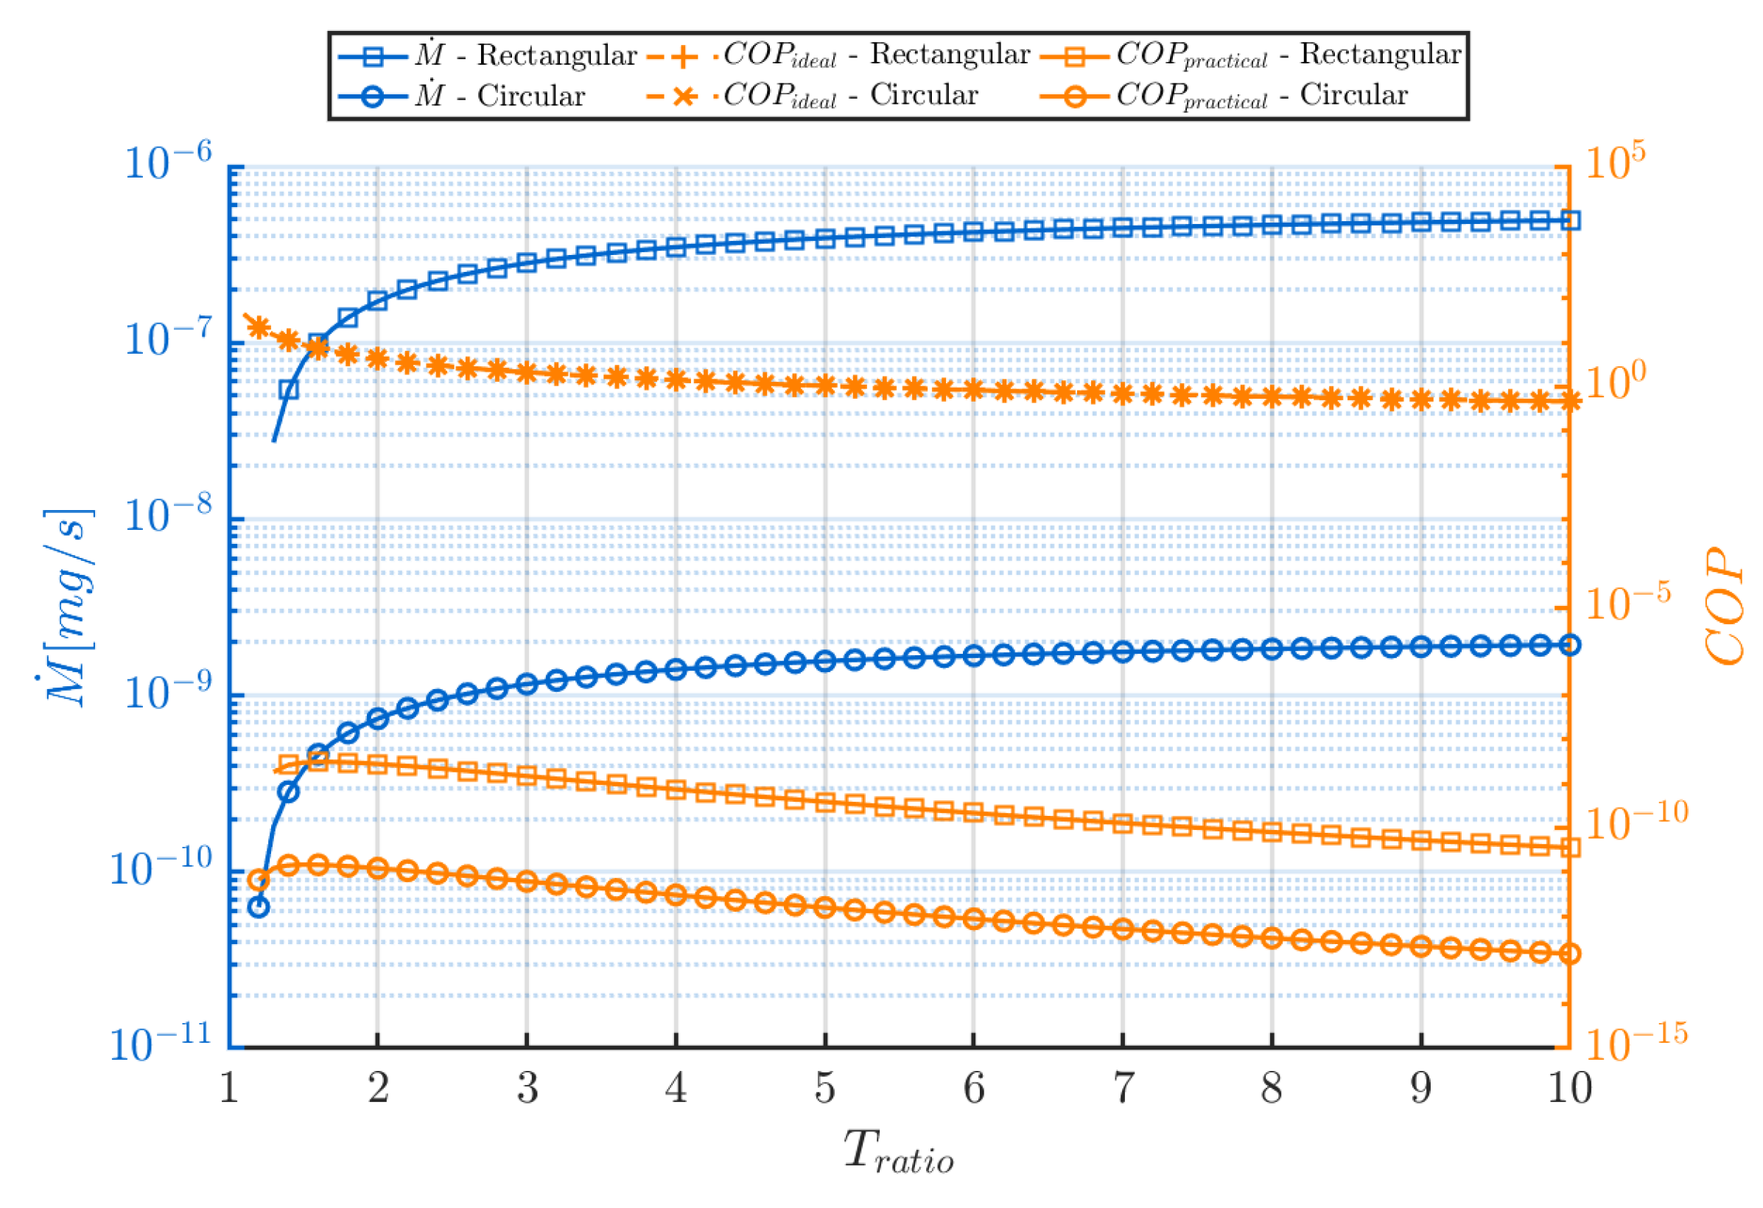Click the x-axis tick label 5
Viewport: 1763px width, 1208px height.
tap(824, 1088)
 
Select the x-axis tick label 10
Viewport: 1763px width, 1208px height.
tap(1569, 1088)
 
